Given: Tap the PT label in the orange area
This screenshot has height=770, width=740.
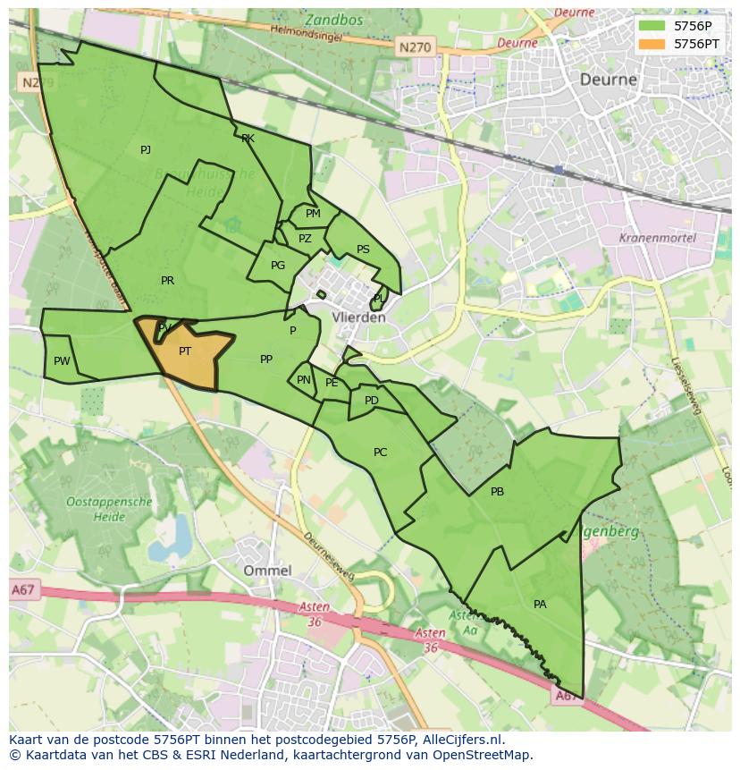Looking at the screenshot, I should (x=185, y=351).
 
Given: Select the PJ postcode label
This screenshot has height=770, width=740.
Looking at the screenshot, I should (x=146, y=150).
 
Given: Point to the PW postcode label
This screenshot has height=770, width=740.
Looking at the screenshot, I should (x=62, y=361).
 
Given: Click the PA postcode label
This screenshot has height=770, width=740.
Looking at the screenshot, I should (x=540, y=605).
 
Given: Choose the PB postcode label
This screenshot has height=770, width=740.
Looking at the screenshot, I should (x=498, y=492).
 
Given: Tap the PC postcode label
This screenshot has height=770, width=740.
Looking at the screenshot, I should (x=381, y=453).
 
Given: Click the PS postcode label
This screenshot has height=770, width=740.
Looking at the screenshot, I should (x=363, y=250).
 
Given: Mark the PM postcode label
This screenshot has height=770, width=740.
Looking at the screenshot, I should (x=313, y=214).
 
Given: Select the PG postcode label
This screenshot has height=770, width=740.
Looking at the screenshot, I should (x=278, y=266).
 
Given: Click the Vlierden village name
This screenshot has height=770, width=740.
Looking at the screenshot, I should (x=358, y=317).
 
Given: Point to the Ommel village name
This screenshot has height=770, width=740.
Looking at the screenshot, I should (x=267, y=571).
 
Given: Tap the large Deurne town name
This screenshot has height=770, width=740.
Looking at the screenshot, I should (x=609, y=79).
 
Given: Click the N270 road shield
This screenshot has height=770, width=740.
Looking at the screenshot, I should (x=414, y=47).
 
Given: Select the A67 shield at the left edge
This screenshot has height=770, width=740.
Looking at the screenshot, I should (x=23, y=589).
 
